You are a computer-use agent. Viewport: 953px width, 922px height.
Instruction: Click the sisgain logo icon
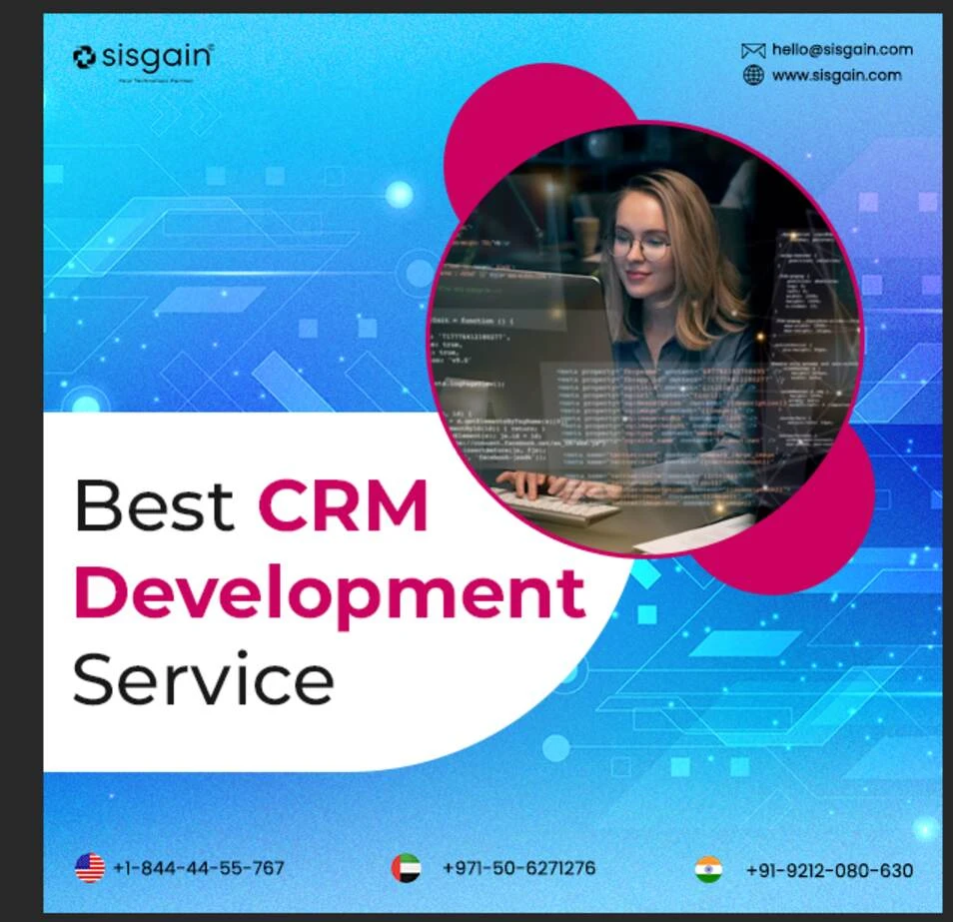click(x=85, y=57)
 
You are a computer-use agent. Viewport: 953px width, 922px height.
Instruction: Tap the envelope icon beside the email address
click(x=753, y=50)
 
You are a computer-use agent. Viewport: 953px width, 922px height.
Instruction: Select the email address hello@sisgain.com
click(x=842, y=50)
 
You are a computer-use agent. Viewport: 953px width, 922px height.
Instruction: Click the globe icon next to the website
click(x=753, y=75)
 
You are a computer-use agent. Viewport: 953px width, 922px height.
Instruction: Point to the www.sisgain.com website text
click(x=836, y=75)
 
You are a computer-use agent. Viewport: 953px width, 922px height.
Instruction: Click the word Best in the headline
click(x=153, y=505)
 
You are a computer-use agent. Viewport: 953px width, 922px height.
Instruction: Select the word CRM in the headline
click(x=343, y=505)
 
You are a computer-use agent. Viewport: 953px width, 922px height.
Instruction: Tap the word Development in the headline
click(x=329, y=593)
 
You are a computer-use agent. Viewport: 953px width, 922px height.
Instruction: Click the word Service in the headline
click(x=203, y=679)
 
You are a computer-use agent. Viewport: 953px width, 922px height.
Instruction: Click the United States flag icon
click(x=90, y=867)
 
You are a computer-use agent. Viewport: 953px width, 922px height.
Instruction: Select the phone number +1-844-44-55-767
click(x=199, y=868)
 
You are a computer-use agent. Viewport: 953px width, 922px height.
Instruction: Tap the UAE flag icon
click(x=406, y=867)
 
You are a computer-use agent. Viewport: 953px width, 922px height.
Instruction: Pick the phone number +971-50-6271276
click(x=518, y=867)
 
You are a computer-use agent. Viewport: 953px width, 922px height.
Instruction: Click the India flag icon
click(x=708, y=869)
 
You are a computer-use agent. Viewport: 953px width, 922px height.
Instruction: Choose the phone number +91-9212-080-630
click(x=829, y=870)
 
